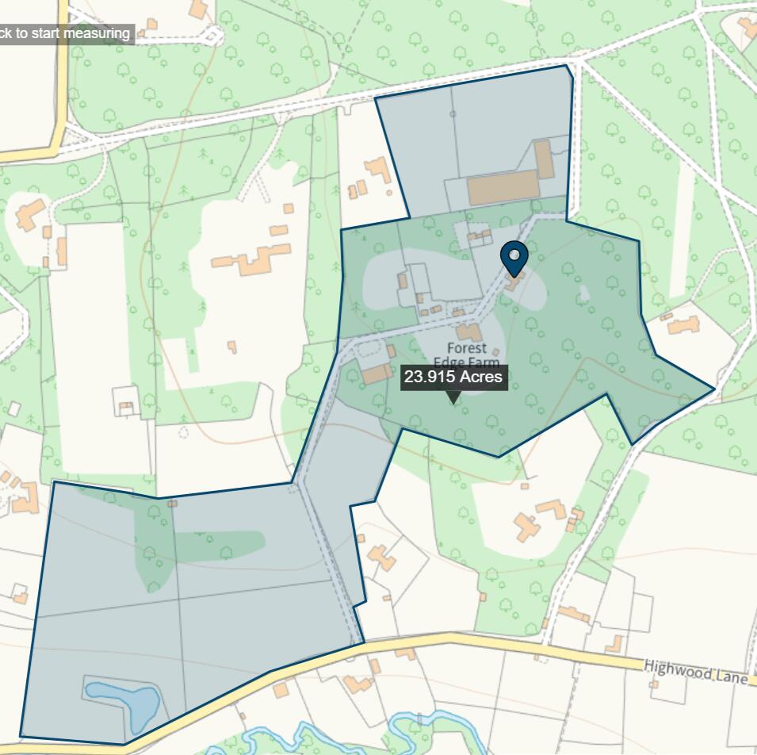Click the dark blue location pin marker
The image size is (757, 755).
(x=514, y=257)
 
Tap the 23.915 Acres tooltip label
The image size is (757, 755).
(x=453, y=377)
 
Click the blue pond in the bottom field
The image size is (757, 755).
(x=125, y=702)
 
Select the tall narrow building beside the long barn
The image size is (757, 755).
(x=544, y=159)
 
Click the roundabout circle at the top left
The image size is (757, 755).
(x=213, y=35)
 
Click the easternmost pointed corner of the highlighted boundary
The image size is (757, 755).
(x=714, y=389)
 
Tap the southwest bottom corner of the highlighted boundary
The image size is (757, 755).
(x=21, y=734)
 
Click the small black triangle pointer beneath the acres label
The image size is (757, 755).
(x=453, y=398)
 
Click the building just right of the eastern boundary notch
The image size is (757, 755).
(x=683, y=324)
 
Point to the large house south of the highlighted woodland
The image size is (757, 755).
(x=539, y=519)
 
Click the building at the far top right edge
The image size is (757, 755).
(x=748, y=29)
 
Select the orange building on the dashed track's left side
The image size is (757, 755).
(x=377, y=374)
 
